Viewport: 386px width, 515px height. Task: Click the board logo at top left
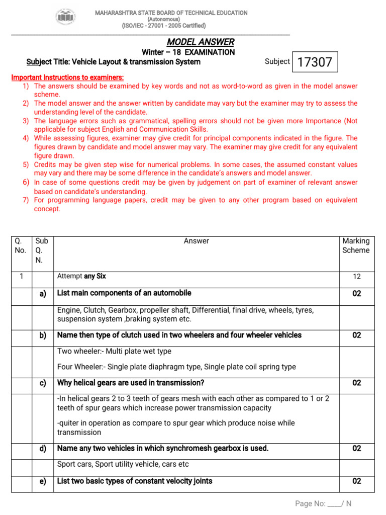tap(66, 18)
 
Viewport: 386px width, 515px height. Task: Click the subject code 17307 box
tap(315, 62)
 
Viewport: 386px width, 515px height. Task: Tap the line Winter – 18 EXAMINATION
tap(188, 52)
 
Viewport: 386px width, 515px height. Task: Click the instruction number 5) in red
tap(26, 164)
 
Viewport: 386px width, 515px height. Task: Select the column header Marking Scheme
tap(356, 245)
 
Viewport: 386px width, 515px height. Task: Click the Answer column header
tap(196, 241)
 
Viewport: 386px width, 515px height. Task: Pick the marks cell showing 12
tap(356, 277)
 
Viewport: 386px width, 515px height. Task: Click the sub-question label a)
tap(43, 294)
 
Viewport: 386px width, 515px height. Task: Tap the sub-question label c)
tap(43, 383)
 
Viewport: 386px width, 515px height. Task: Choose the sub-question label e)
tap(43, 481)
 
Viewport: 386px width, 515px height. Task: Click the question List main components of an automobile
tap(124, 293)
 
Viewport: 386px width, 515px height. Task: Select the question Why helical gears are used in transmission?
tap(131, 383)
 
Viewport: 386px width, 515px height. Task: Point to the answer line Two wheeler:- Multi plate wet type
tap(114, 351)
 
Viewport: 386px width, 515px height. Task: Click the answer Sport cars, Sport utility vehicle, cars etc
tap(123, 464)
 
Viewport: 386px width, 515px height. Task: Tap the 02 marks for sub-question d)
tap(356, 448)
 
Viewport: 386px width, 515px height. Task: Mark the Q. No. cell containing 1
tap(21, 276)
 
